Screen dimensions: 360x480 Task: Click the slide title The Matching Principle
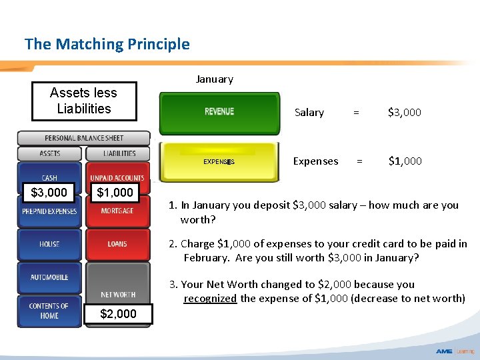pyautogui.click(x=107, y=45)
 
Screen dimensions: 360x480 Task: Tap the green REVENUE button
pyautogui.click(x=219, y=111)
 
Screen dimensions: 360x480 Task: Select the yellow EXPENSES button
pyautogui.click(x=219, y=161)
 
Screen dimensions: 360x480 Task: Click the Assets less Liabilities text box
pyautogui.click(x=84, y=101)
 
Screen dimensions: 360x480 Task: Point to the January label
pyautogui.click(x=214, y=79)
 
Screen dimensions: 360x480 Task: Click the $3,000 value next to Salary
pyautogui.click(x=404, y=113)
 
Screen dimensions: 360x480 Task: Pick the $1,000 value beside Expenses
pyautogui.click(x=404, y=161)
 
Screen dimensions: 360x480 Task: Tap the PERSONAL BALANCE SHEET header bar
pyautogui.click(x=84, y=138)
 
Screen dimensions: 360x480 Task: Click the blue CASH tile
pyautogui.click(x=49, y=177)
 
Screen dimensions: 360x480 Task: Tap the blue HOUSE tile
pyautogui.click(x=49, y=245)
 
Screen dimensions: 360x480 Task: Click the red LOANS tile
pyautogui.click(x=117, y=245)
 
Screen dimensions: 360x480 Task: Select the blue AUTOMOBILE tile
pyautogui.click(x=49, y=278)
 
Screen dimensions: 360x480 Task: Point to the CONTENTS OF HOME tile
pyautogui.click(x=49, y=311)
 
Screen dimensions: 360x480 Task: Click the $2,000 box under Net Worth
pyautogui.click(x=118, y=314)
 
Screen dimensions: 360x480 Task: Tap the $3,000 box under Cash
pyautogui.click(x=49, y=193)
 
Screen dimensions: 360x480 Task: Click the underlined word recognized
pyautogui.click(x=210, y=299)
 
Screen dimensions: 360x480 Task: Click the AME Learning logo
pyautogui.click(x=455, y=351)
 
